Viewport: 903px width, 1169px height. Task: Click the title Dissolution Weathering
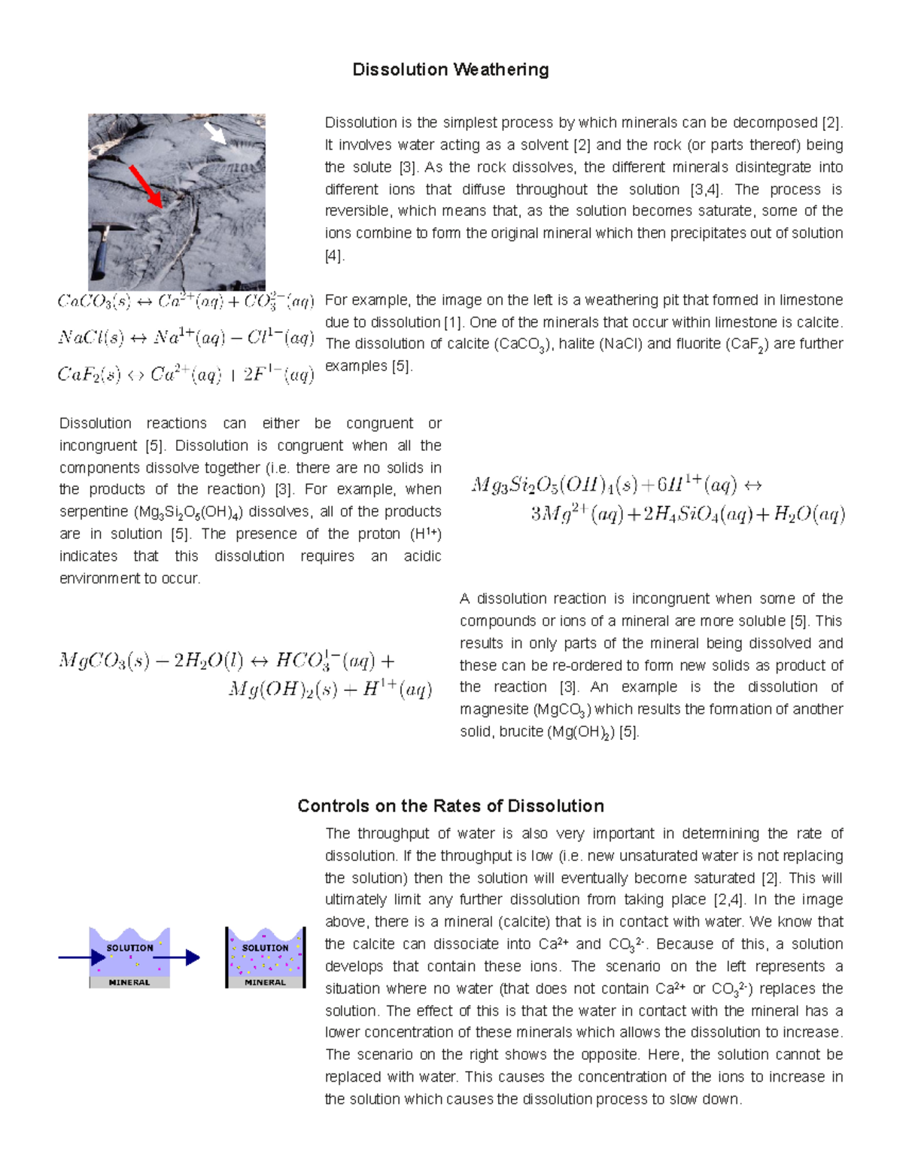451,70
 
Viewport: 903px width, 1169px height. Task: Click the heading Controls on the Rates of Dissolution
451,806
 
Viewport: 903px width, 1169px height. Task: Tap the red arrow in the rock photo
144,185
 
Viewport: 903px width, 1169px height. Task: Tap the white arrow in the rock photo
215,133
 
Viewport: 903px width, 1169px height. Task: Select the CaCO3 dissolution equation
185,302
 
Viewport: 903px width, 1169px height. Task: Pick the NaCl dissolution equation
185,338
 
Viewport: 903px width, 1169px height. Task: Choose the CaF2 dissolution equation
185,374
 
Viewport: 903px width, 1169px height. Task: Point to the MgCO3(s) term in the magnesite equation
103,662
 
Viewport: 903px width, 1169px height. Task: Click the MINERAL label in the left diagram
129,982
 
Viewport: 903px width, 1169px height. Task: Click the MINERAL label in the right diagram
265,982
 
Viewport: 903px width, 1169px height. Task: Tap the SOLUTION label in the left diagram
129,948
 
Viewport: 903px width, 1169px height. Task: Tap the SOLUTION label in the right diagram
265,948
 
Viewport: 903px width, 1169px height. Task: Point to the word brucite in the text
521,732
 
